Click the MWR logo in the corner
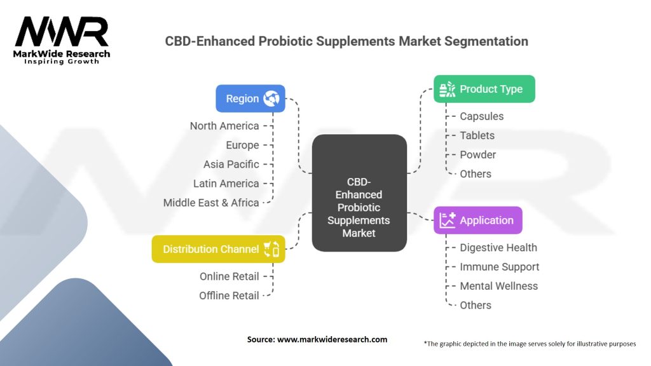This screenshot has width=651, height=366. coord(62,40)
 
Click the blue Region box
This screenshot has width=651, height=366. coord(250,98)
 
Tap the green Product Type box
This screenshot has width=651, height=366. coord(484,89)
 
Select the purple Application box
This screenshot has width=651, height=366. coord(478,220)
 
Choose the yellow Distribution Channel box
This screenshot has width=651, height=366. coord(219,249)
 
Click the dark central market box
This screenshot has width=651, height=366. coord(359,193)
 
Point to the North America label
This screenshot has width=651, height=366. coord(224,126)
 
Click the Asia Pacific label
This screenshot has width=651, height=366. coord(231,165)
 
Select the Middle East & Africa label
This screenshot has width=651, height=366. coord(211,203)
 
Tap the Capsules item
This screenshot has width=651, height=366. coord(482,116)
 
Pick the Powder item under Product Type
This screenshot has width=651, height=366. coord(478,155)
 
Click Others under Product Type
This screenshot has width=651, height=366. coord(476,174)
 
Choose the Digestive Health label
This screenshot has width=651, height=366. coord(498,248)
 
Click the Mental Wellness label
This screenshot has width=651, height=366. coord(498,286)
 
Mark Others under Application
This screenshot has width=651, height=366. coord(476,305)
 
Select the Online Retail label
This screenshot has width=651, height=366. coord(229,276)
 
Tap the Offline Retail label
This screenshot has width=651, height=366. coord(229,295)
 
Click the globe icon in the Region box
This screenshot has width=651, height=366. coord(271,98)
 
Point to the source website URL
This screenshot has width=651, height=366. coord(332,339)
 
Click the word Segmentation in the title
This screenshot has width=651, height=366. coord(486,41)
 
